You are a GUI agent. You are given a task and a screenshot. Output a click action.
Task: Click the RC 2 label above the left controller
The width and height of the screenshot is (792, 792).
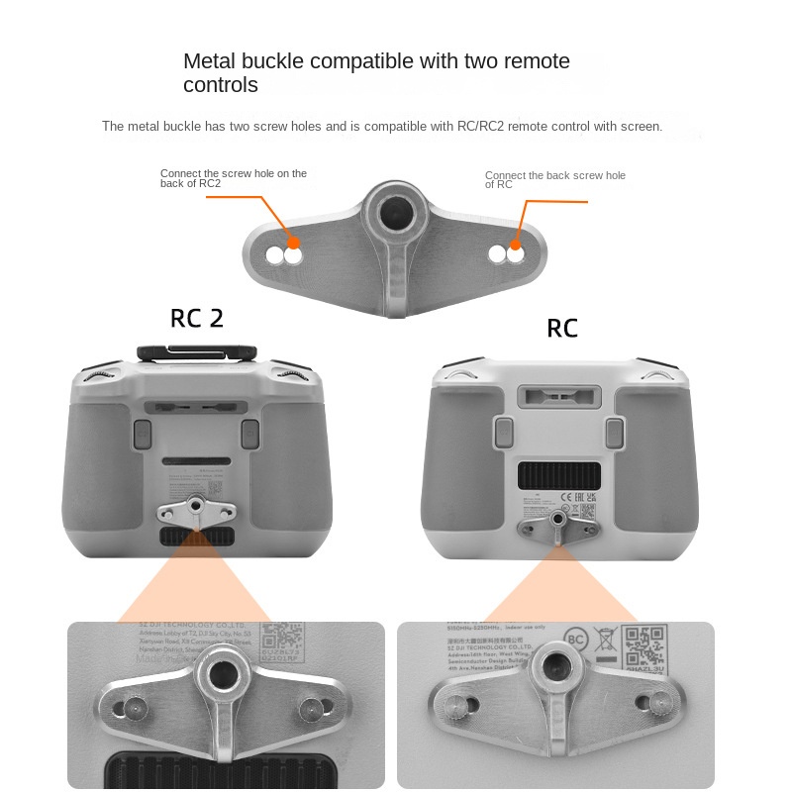tap(197, 318)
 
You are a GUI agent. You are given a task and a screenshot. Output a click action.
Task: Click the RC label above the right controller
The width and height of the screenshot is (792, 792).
tap(562, 329)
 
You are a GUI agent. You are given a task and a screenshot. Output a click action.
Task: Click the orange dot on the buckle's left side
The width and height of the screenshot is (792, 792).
tap(293, 242)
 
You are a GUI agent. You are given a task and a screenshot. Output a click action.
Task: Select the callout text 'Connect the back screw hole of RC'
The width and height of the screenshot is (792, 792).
tap(554, 179)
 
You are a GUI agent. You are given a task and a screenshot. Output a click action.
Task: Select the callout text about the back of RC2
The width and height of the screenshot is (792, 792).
tap(234, 178)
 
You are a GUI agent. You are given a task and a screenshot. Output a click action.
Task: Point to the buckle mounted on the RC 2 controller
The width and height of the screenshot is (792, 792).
tap(196, 512)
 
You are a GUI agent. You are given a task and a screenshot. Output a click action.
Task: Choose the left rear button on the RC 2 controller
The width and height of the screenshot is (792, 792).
tap(142, 433)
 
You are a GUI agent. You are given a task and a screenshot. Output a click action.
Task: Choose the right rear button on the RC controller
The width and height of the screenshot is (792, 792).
tap(614, 432)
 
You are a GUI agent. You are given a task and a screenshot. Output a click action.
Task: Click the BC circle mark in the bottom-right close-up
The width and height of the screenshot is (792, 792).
tap(576, 640)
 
